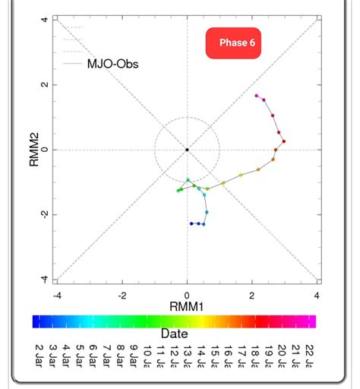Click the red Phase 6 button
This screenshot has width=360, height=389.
click(x=237, y=43)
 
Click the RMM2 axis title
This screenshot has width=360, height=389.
click(x=33, y=149)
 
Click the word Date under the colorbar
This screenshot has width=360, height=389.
click(x=174, y=333)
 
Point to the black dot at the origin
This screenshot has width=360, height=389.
click(x=187, y=150)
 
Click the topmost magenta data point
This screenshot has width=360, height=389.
click(x=257, y=96)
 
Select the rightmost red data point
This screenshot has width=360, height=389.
click(x=283, y=141)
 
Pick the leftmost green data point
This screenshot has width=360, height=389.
click(x=178, y=191)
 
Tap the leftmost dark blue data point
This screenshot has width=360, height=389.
click(x=191, y=223)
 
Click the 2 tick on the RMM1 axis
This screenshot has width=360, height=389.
click(x=252, y=295)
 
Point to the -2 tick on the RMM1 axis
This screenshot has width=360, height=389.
click(x=122, y=295)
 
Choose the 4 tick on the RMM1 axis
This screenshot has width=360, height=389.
click(x=317, y=295)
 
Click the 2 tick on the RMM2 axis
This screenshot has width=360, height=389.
click(x=45, y=84)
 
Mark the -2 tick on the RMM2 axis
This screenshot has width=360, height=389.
click(x=45, y=214)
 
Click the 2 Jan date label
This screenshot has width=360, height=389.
click(x=39, y=355)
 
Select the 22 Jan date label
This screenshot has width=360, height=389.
click(x=309, y=355)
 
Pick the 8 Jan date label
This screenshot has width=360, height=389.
click(x=120, y=355)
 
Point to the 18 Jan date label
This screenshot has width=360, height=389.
click(x=255, y=355)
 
